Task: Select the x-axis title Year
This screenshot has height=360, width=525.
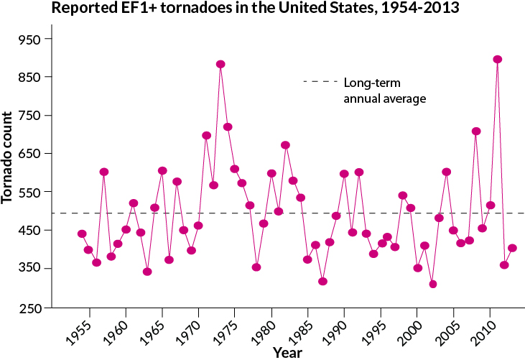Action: pyautogui.click(x=287, y=352)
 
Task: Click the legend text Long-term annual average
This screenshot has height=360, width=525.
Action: pyautogui.click(x=385, y=90)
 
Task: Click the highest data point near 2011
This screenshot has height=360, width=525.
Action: pyautogui.click(x=497, y=60)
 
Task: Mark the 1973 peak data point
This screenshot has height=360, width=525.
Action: pyautogui.click(x=220, y=64)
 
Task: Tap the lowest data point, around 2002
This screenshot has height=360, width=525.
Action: pyautogui.click(x=432, y=284)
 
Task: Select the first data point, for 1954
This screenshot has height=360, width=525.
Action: pyautogui.click(x=82, y=234)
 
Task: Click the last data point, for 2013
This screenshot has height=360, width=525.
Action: pyautogui.click(x=512, y=248)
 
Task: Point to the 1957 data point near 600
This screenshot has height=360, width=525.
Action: pyautogui.click(x=103, y=172)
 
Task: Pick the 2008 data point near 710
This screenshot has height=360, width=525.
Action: pyautogui.click(x=475, y=131)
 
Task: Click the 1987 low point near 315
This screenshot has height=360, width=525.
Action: pyautogui.click(x=322, y=281)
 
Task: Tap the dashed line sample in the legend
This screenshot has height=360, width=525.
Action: pyautogui.click(x=319, y=82)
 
